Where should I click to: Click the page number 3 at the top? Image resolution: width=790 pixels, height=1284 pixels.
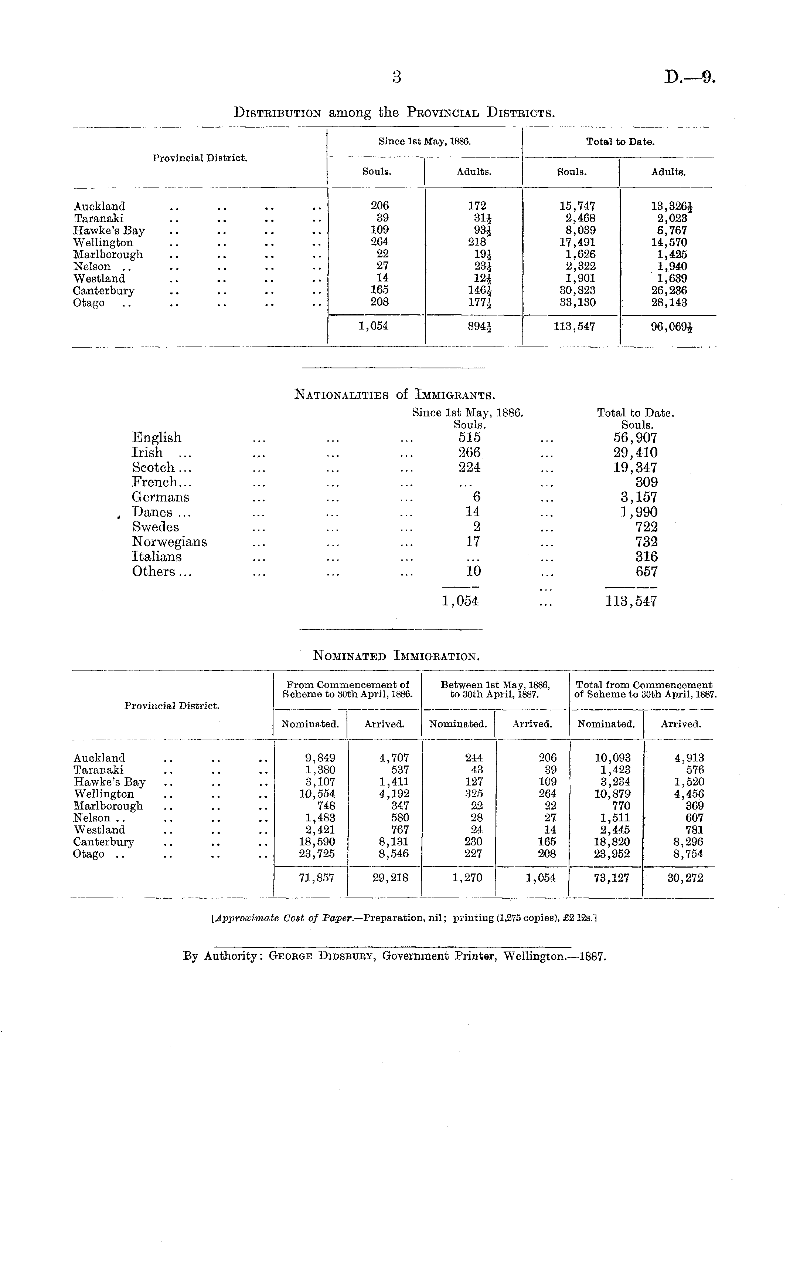(x=396, y=77)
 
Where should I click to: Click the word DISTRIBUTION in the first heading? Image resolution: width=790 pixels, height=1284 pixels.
(x=277, y=112)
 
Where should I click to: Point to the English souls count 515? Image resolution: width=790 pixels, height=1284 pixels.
(x=469, y=437)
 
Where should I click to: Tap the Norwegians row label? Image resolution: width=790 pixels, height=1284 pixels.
(x=169, y=542)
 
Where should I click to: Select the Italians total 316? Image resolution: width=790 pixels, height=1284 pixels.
(x=646, y=557)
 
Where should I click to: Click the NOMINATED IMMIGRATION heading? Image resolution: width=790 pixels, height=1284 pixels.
(x=395, y=656)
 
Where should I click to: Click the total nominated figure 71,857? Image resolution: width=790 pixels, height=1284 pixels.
(x=316, y=878)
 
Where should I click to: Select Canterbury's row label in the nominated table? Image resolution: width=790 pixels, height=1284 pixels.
(x=104, y=842)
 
